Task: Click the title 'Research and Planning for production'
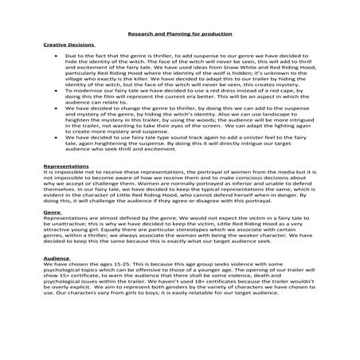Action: (180, 34)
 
